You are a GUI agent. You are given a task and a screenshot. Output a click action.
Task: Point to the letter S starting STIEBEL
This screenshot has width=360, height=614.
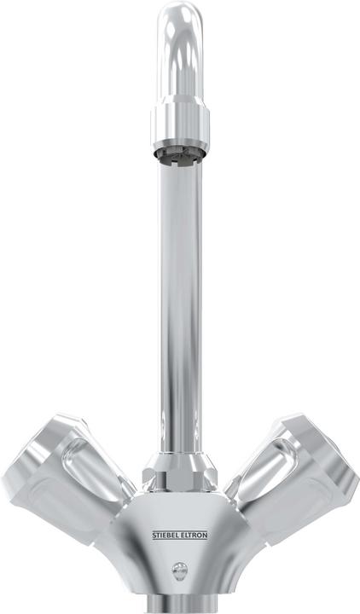click(x=154, y=535)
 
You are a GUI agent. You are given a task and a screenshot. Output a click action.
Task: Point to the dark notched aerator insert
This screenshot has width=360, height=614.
click(x=179, y=155)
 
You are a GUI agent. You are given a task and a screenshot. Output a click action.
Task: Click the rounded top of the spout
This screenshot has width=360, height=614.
click(x=179, y=21)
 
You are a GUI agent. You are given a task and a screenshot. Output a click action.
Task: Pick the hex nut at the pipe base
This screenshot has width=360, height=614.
click(x=179, y=471)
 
